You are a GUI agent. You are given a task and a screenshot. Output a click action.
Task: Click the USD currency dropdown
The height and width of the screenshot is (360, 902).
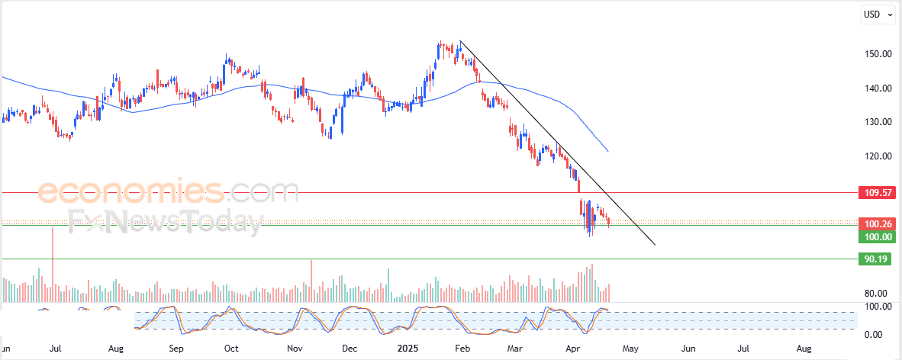click(878, 14)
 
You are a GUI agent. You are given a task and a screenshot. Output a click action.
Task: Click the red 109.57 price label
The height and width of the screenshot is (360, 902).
click(876, 193)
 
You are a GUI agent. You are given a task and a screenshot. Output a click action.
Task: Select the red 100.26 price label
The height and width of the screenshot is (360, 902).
click(876, 224)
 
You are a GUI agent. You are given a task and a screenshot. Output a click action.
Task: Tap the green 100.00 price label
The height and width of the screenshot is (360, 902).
click(876, 237)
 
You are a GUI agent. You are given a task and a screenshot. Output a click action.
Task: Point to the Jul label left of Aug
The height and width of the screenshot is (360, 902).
click(55, 348)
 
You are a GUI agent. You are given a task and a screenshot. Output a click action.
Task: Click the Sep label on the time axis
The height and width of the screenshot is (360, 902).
click(176, 348)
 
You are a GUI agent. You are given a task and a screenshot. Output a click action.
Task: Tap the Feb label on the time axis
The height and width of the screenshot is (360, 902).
click(461, 348)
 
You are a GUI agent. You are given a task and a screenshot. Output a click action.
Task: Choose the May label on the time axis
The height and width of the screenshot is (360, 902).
click(630, 348)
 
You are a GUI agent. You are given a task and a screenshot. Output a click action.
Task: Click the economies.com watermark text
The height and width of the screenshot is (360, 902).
click(168, 191)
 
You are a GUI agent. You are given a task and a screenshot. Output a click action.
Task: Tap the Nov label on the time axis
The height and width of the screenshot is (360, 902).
click(295, 348)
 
